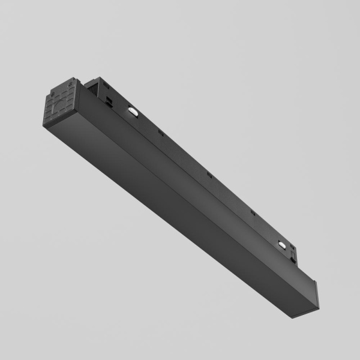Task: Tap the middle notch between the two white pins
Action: pyautogui.click(x=209, y=175)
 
